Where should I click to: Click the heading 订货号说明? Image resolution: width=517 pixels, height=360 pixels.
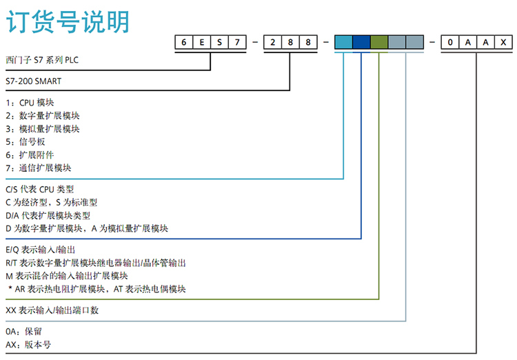tap(68, 22)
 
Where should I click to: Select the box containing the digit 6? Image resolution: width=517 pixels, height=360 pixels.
tap(184, 43)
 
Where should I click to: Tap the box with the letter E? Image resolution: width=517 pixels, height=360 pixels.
tap(202, 43)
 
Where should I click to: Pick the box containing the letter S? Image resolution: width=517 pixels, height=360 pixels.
tap(219, 43)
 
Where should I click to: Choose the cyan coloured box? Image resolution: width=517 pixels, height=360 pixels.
tap(343, 43)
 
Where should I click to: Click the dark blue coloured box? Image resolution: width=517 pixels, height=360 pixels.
tap(361, 43)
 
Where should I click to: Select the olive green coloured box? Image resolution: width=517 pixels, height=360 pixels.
tap(378, 43)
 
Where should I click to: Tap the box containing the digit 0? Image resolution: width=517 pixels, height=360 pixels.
tap(450, 43)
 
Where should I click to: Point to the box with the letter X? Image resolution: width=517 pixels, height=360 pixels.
tap(503, 43)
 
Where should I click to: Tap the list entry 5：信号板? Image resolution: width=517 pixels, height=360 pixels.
tap(26, 141)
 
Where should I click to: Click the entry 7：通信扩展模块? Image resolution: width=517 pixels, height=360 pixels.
tap(39, 168)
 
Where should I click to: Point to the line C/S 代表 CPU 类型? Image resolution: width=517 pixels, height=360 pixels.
tap(39, 189)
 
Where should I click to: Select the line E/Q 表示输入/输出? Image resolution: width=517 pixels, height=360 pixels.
tap(41, 250)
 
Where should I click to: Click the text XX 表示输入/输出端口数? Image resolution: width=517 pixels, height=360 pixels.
tap(52, 310)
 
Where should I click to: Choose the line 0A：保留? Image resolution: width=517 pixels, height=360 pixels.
tap(23, 332)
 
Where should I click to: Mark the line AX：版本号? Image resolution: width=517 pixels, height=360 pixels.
tap(28, 345)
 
